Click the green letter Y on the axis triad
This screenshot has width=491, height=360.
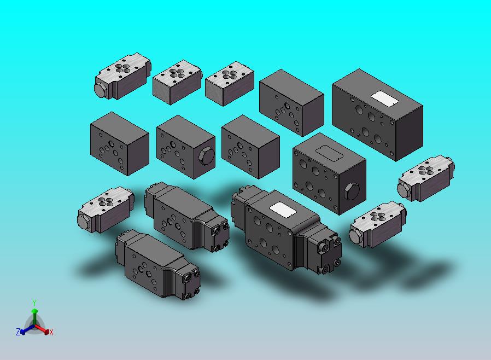pyautogui.click(x=34, y=303)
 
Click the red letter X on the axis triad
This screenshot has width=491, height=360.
pyautogui.click(x=51, y=332)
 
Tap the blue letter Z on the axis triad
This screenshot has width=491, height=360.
pyautogui.click(x=18, y=332)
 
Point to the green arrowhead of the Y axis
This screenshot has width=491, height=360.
pyautogui.click(x=35, y=311)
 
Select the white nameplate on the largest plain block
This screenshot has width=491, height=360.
pyautogui.click(x=384, y=98)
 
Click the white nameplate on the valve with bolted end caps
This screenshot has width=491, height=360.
pyautogui.click(x=283, y=210)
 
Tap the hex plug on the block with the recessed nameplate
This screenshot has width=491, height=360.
pyautogui.click(x=352, y=191)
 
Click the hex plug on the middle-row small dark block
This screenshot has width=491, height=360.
pyautogui.click(x=206, y=156)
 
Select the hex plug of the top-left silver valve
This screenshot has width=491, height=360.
pyautogui.click(x=101, y=90)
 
